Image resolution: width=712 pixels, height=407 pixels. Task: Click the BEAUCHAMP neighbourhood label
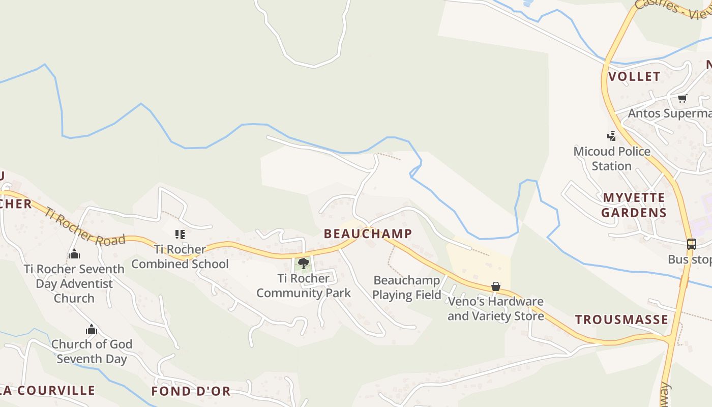coord(368,234)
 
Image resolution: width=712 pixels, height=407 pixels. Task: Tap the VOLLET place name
coord(634,76)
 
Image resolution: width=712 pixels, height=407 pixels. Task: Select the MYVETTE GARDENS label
coord(634,205)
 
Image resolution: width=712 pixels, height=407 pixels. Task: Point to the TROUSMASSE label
coord(621,319)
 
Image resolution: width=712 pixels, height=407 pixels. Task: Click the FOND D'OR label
coord(191,391)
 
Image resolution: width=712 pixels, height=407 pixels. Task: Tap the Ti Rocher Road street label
coord(84,226)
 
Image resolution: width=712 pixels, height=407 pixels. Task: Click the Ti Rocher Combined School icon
coord(180,235)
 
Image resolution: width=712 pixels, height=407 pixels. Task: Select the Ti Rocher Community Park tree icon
coord(304,263)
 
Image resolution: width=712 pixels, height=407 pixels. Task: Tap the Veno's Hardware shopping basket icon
coord(496,287)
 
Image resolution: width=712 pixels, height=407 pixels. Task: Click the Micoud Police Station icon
coord(612,136)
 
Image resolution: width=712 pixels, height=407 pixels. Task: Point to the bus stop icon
coord(691,244)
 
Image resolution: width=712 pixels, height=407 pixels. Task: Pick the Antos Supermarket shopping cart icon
coord(682,98)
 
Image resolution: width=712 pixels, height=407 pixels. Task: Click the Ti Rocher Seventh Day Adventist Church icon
coord(74,254)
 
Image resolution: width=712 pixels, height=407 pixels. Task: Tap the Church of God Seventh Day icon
coord(92,330)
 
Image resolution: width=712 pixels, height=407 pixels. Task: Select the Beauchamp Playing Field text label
coord(406,287)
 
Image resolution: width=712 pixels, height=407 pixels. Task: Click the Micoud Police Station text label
coord(612,159)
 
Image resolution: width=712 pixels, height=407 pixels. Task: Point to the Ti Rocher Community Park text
coord(304,285)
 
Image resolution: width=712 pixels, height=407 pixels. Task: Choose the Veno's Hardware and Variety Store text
coord(495,309)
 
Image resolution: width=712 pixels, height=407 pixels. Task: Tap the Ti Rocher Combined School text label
coord(180,256)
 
